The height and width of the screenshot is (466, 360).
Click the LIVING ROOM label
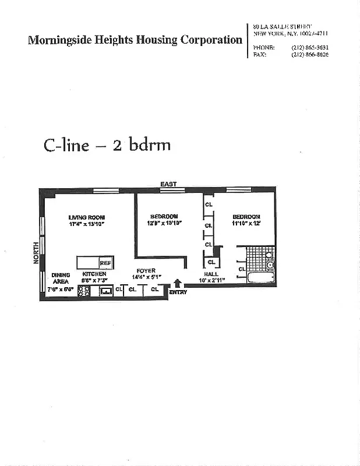coord(86,217)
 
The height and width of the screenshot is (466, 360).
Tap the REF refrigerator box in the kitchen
coord(105,263)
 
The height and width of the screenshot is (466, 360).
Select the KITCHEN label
coord(94,274)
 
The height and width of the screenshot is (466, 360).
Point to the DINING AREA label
coord(61,278)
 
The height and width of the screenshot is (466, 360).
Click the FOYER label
coord(146,271)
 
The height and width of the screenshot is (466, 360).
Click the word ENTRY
coord(178,292)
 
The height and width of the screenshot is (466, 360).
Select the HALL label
coord(211,274)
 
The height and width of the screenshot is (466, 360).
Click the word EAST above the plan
coord(168,185)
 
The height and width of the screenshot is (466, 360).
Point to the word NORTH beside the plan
coord(36,254)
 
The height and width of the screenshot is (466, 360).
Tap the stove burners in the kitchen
coord(83,290)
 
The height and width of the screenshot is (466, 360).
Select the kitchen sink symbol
coord(105,290)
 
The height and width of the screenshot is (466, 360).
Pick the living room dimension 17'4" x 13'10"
coord(86,224)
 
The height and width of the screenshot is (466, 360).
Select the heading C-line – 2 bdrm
coord(107,144)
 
